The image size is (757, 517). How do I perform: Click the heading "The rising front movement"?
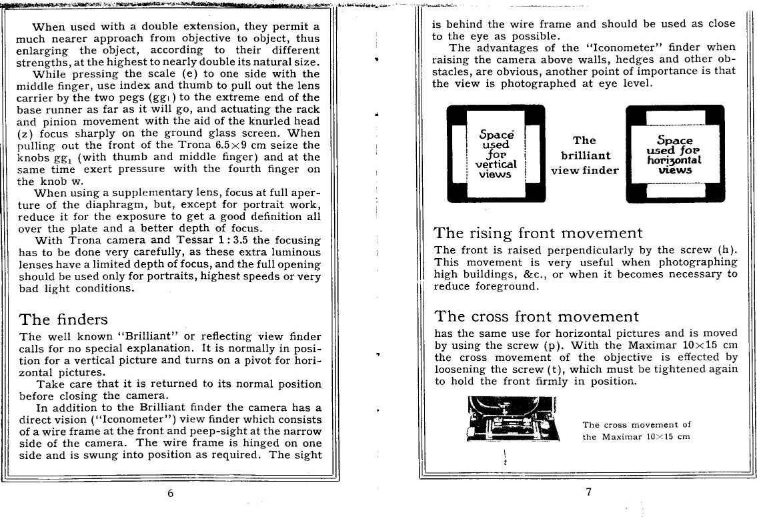(538, 233)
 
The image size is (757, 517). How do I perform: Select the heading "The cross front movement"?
(536, 316)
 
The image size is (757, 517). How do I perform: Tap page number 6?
(171, 494)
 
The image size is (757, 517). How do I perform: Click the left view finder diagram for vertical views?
(496, 154)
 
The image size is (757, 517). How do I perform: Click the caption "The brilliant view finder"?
(584, 155)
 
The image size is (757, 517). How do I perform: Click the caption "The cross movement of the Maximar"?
(636, 430)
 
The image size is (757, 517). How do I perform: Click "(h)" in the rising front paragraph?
(728, 250)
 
